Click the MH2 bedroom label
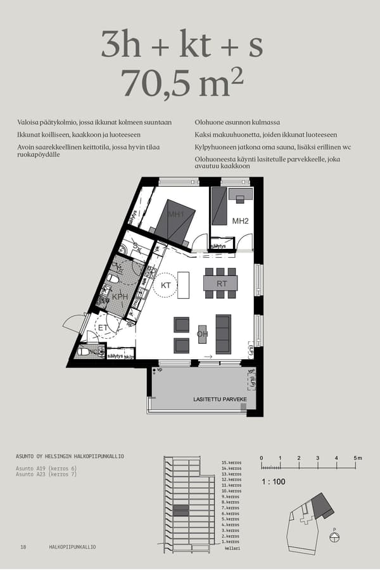[x=239, y=221]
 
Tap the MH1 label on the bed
[x=175, y=215]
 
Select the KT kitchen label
[x=167, y=286]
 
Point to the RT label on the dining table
[x=221, y=284]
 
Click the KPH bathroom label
[x=120, y=296]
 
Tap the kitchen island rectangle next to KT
[x=184, y=285]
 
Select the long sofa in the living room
[x=224, y=334]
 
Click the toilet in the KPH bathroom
[x=113, y=278]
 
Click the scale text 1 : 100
[x=274, y=481]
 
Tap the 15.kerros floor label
[x=231, y=463]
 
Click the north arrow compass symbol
[x=334, y=538]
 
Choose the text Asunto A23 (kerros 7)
[x=46, y=474]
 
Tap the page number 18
[x=23, y=547]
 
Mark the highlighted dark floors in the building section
[x=180, y=510]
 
